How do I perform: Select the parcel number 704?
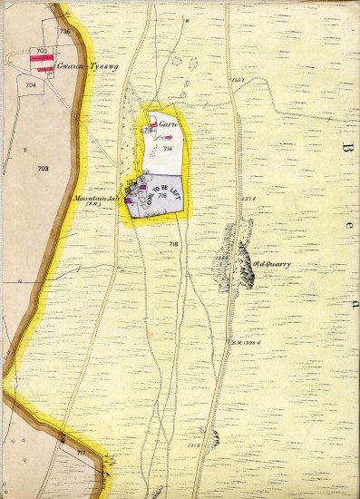click(x=32, y=84)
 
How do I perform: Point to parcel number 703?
click(x=44, y=169)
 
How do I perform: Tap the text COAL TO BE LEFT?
click(x=163, y=194)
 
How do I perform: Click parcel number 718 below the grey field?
click(x=173, y=246)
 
